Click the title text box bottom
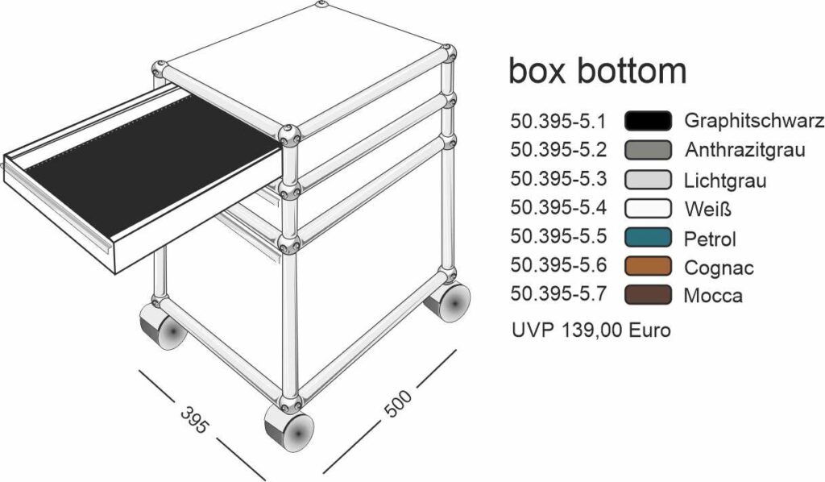coord(597,70)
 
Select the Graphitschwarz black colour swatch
coord(649,121)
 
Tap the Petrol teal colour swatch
coord(649,237)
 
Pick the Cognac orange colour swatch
coord(649,266)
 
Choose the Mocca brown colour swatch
coord(649,295)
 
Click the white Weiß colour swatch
coord(649,209)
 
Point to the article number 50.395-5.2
coord(559,150)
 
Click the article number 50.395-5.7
coord(559,293)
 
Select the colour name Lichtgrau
coord(725,181)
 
